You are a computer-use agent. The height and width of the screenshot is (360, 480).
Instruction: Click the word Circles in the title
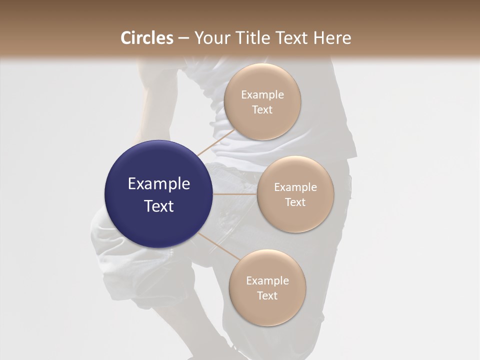coord(147,38)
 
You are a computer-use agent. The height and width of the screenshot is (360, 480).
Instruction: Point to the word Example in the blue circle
coord(159,184)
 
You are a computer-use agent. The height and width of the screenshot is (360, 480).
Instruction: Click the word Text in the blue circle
coord(159,206)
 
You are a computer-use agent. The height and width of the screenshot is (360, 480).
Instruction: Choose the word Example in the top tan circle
coord(262,95)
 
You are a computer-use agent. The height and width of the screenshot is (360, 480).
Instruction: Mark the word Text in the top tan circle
coord(262,110)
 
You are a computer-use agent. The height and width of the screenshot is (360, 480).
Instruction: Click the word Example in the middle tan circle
coord(295,187)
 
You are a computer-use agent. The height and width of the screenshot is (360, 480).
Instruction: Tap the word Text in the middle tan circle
coord(295,202)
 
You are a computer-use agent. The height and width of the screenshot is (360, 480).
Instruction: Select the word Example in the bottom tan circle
coord(267,281)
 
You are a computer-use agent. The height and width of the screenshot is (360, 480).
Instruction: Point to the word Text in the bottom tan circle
coord(267,296)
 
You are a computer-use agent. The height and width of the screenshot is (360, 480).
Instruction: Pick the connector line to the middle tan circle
coord(235,194)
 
